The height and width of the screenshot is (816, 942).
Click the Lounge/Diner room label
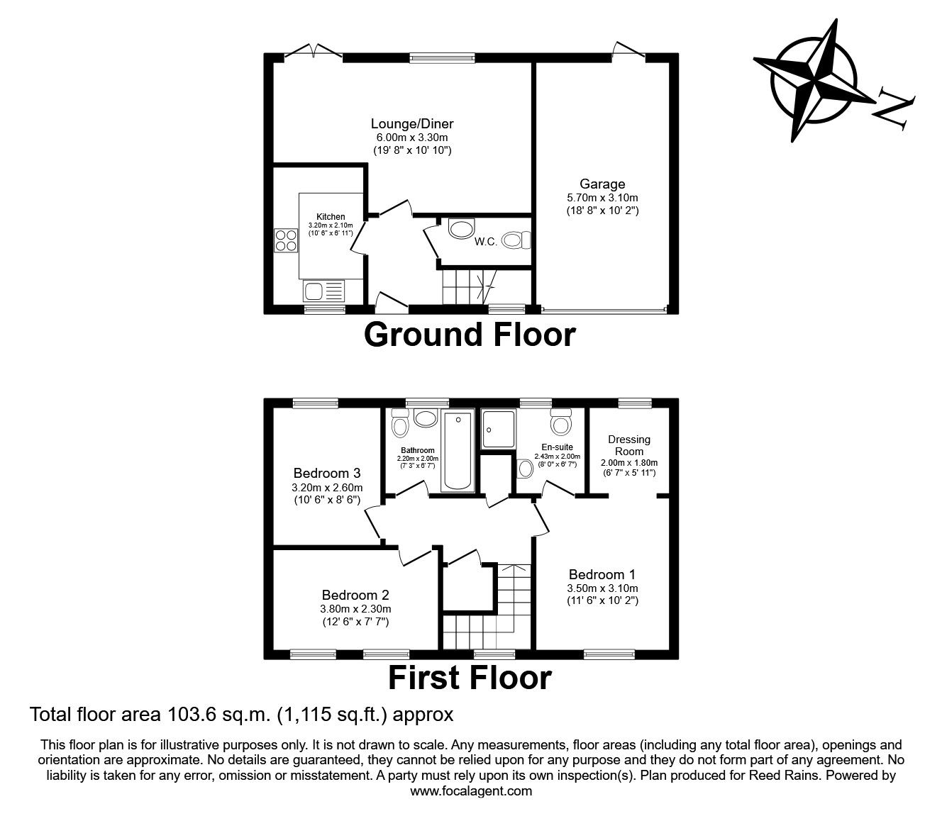point(412,124)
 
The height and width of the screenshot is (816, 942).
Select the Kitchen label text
point(331,217)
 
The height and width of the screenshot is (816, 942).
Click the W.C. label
point(485,242)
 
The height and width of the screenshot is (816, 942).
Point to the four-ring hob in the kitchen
point(286,240)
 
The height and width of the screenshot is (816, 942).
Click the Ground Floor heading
point(470,335)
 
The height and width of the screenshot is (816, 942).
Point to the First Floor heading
point(470,678)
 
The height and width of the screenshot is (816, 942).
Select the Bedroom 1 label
point(602,575)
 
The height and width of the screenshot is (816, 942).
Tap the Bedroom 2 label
point(355,596)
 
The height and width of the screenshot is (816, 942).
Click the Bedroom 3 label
point(327,473)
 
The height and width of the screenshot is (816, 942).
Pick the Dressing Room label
point(629,445)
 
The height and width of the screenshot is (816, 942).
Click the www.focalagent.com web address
point(471,791)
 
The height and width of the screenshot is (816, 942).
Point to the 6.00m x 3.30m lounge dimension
point(412,138)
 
